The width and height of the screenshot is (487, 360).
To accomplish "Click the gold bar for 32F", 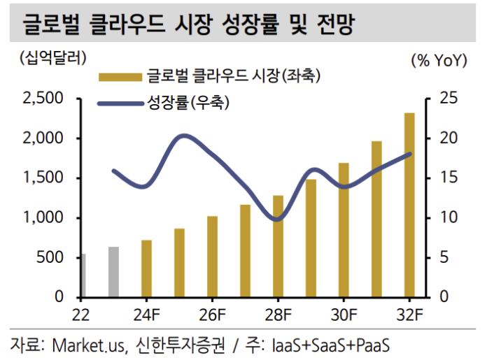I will click(409, 206).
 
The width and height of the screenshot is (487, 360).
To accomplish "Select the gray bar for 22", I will click(82, 276).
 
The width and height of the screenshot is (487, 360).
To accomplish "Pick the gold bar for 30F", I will click(344, 230).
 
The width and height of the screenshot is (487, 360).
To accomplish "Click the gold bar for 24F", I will click(146, 268).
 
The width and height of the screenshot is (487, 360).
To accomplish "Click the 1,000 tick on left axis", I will click(43, 218).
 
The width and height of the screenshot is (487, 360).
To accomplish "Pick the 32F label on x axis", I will click(409, 313).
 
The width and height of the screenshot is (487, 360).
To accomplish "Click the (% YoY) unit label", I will click(439, 60).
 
